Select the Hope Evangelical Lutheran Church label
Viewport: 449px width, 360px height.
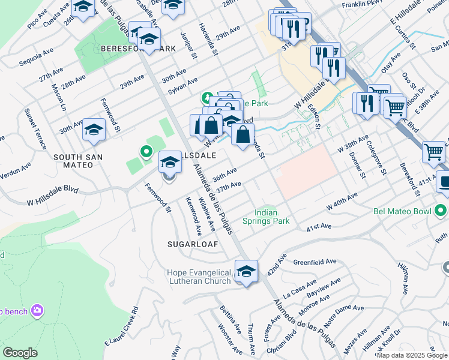[x=199, y=277]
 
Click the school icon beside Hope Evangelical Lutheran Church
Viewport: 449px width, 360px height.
[x=246, y=272]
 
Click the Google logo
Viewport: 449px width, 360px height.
[x=20, y=352]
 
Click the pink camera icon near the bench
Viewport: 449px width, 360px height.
[x=38, y=310]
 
